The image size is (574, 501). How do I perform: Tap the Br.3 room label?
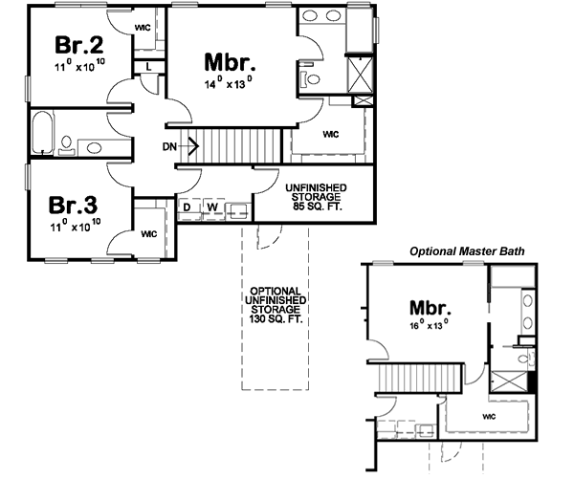[x=73, y=206]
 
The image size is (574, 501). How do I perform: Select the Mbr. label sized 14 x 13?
[x=231, y=62]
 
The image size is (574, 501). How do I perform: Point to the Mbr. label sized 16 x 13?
[x=430, y=308]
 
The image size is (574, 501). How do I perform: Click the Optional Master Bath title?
[x=466, y=251]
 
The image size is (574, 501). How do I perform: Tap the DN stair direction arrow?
[x=180, y=146]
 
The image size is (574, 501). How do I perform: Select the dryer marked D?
[x=188, y=207]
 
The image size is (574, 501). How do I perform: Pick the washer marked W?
[x=212, y=207]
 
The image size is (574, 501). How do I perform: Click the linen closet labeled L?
[x=150, y=66]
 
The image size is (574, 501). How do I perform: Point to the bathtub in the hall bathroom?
[x=43, y=133]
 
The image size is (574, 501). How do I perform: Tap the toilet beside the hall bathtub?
[x=66, y=144]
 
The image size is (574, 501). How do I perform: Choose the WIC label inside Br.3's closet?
[x=149, y=232]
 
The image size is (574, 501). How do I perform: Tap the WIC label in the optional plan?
[x=489, y=418]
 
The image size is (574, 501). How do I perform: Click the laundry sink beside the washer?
[x=238, y=207]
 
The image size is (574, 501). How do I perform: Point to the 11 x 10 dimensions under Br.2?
[x=78, y=68]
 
